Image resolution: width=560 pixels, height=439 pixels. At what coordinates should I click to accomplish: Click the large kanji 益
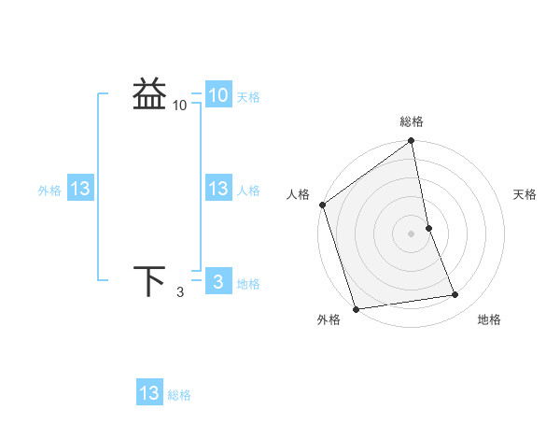[x=149, y=94]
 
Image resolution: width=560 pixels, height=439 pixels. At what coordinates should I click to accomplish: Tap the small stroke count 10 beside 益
[x=180, y=106]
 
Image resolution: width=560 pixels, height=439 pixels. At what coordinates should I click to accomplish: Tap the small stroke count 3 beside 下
[x=180, y=292]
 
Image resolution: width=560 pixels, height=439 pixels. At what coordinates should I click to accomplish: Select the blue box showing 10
[x=217, y=95]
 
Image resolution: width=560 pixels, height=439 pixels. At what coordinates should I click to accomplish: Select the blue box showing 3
[x=217, y=282]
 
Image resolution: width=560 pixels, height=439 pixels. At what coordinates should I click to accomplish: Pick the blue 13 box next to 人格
[x=217, y=189]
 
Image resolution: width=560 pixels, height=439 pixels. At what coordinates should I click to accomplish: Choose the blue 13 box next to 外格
[x=80, y=189]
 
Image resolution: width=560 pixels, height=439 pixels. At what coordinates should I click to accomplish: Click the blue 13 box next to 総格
[x=149, y=393]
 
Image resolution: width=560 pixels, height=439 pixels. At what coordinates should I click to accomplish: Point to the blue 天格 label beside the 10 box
[x=248, y=97]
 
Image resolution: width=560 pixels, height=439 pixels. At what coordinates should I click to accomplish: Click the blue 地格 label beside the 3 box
[x=248, y=284]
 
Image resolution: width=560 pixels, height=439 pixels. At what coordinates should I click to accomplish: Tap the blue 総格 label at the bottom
[x=179, y=395]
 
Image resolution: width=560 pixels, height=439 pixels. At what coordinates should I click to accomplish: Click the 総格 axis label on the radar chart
[x=412, y=121]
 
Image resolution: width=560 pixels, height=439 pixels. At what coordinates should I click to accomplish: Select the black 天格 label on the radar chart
[x=525, y=194]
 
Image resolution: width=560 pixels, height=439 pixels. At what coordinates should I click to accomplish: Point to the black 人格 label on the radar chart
[x=298, y=194]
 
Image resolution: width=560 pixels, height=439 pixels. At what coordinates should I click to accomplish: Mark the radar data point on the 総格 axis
[x=412, y=142]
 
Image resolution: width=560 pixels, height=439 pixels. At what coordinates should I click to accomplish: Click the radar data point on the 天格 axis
[x=428, y=227]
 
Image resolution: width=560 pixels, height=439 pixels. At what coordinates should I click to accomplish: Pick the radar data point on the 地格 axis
[x=455, y=295]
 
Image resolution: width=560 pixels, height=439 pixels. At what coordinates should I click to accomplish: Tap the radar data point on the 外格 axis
[x=356, y=308]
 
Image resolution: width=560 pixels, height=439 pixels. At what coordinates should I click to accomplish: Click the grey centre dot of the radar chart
[x=412, y=233]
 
